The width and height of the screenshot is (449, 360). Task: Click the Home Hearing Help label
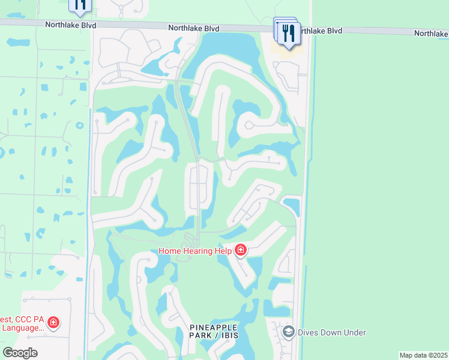[x=194, y=251]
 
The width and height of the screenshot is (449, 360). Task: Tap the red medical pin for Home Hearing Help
[x=241, y=250]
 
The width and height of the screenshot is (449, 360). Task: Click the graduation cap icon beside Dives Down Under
[x=288, y=332]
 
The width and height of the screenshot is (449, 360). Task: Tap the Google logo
[x=19, y=353]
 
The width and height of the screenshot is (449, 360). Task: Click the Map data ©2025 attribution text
[x=423, y=355]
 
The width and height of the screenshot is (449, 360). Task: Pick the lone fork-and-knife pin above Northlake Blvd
[x=81, y=5]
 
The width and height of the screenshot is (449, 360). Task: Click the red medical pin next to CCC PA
[x=53, y=323]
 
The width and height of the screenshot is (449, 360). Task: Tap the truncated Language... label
[x=23, y=328]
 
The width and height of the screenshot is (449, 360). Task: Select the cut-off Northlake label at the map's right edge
[x=431, y=34]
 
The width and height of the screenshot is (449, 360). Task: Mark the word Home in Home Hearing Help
[x=170, y=251]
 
